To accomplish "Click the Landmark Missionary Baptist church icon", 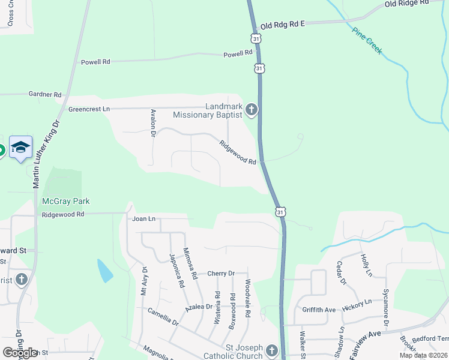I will [x=251, y=110].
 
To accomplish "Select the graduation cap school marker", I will [x=20, y=148].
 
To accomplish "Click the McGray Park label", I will [x=65, y=202].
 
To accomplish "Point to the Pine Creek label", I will [x=367, y=41].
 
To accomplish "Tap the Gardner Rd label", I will [x=45, y=95].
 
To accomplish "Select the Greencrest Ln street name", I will [x=89, y=109].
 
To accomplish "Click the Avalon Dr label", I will [x=153, y=123].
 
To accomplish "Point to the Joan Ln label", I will [x=144, y=219].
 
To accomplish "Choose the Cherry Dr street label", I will [x=220, y=274].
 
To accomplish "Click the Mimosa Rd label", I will [x=191, y=264].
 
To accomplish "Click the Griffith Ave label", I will [x=319, y=310].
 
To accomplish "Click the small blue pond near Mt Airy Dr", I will [x=104, y=271].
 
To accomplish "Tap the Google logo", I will [x=20, y=353].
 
